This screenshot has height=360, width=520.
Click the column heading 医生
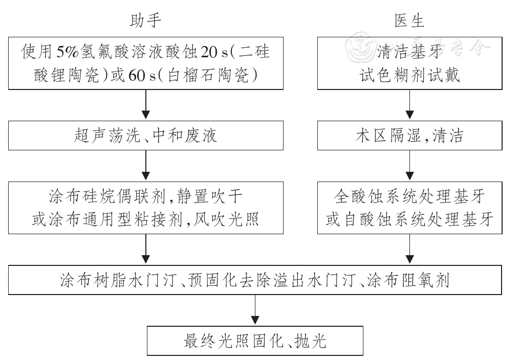pyautogui.click(x=409, y=20)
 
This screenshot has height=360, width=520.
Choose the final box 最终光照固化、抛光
pyautogui.click(x=255, y=341)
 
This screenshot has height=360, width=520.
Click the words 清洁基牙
pyautogui.click(x=409, y=52)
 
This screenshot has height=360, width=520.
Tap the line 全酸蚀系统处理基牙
pyautogui.click(x=409, y=195)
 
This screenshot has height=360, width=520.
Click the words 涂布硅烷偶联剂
pyautogui.click(x=89, y=195)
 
